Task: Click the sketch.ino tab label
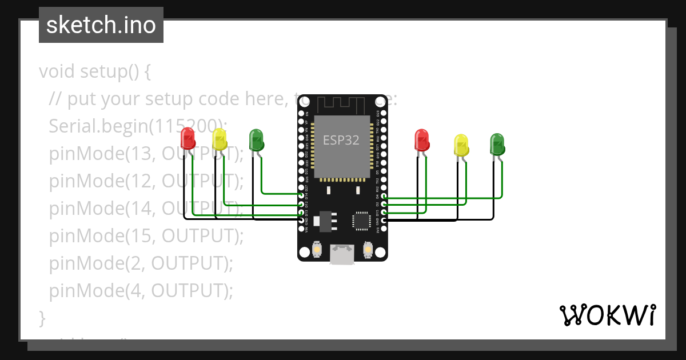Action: [101, 25]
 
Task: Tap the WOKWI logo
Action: [607, 315]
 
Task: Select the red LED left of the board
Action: [188, 138]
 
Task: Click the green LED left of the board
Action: [256, 139]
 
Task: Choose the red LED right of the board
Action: [421, 139]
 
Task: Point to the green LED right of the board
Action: [497, 143]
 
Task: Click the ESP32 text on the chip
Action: [341, 140]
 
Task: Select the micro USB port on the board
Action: [342, 255]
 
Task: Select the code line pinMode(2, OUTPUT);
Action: [141, 263]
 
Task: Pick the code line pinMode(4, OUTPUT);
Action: [141, 291]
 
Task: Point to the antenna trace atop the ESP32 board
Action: [341, 105]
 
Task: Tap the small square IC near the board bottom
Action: [361, 221]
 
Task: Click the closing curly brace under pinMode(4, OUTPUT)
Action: [42, 318]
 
